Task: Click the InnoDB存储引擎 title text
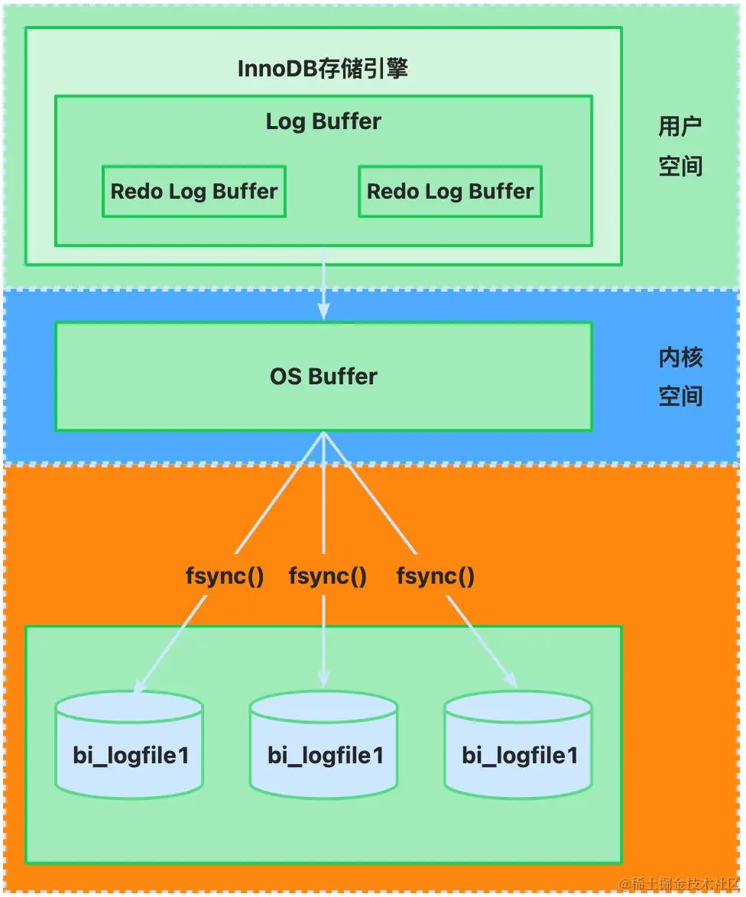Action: click(323, 69)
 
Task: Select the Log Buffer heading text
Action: click(323, 121)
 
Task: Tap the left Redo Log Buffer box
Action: click(194, 191)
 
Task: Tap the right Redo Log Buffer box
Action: click(450, 191)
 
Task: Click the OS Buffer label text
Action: click(323, 377)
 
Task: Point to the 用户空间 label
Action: click(680, 146)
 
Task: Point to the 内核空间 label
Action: click(680, 377)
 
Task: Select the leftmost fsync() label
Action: click(225, 576)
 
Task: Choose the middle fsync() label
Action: click(327, 576)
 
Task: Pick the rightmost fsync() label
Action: click(435, 576)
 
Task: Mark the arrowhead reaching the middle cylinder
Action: click(323, 679)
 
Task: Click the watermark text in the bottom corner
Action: click(680, 884)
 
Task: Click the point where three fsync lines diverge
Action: click(324, 434)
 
